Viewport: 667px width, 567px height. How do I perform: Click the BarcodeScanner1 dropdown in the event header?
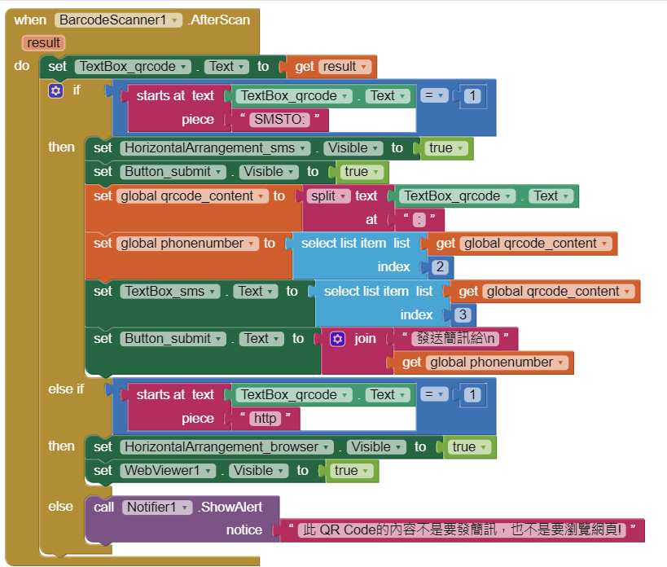point(118,20)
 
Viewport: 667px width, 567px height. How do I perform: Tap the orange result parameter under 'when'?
point(43,43)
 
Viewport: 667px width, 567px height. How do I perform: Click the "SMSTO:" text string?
point(279,120)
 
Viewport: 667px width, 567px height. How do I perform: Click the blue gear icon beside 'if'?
point(55,90)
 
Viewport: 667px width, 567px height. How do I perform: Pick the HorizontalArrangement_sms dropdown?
point(215,148)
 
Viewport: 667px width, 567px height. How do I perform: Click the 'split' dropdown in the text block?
point(329,196)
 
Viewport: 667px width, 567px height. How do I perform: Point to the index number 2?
point(440,267)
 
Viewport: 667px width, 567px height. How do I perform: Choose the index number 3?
point(463,314)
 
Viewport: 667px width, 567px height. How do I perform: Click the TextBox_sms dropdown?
point(170,291)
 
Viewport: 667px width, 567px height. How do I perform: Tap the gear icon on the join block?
point(338,338)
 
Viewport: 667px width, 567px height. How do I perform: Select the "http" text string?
point(265,419)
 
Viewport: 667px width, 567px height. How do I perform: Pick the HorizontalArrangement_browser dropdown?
point(226,446)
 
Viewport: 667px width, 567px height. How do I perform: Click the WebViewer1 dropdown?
point(169,471)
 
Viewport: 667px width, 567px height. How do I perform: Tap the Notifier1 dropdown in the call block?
point(160,508)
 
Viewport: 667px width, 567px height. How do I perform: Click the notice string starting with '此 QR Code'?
point(461,530)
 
